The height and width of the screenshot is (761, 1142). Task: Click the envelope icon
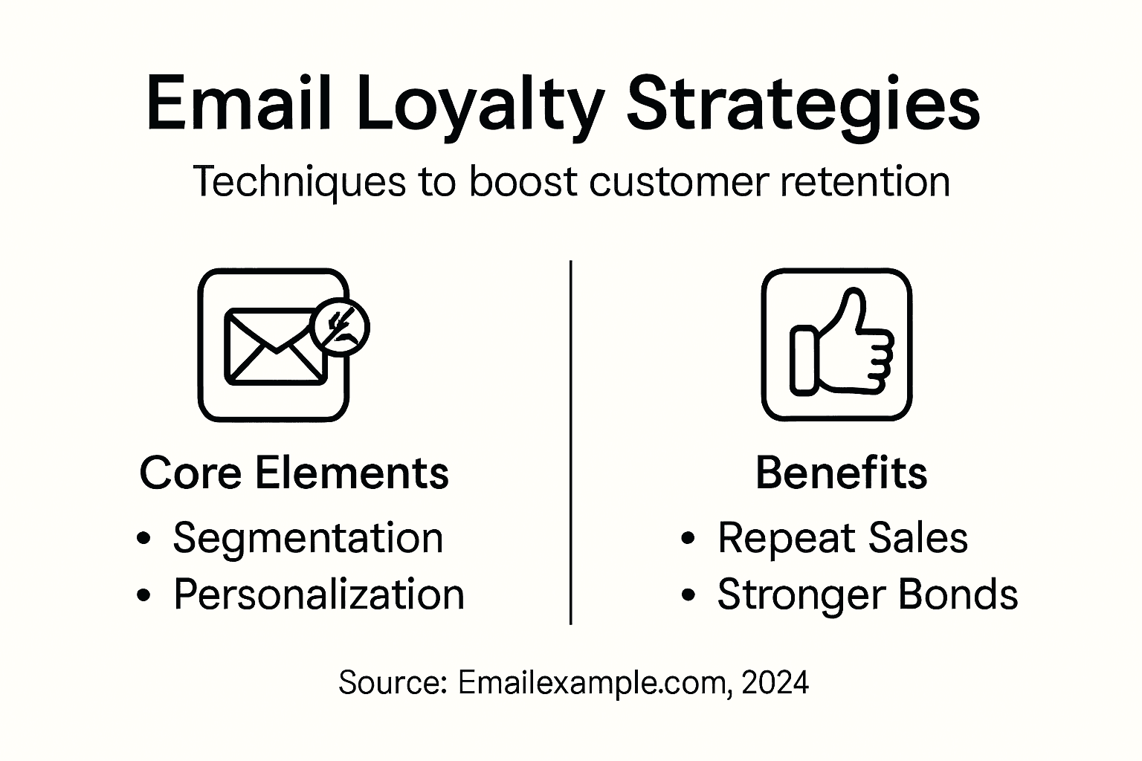coord(273,346)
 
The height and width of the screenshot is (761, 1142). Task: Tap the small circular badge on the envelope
coord(339,327)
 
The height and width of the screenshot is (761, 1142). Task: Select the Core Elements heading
coord(294,473)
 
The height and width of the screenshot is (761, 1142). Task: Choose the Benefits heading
coord(841,473)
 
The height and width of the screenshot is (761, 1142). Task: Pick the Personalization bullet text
coord(318,595)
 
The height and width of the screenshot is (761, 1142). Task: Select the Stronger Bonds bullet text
coord(867,595)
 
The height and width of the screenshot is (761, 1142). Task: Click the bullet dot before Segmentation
coord(144,539)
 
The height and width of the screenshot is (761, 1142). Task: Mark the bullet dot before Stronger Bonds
coord(688,595)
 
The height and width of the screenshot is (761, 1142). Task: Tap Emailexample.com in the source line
coord(591,682)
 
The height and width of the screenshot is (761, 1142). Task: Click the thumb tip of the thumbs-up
coord(854,297)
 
